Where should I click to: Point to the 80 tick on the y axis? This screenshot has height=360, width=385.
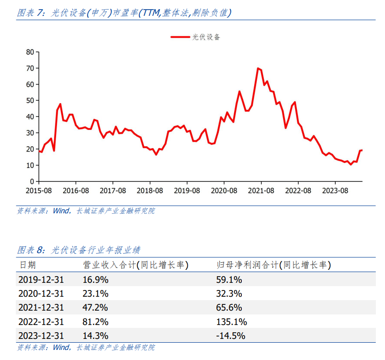click(x=30, y=52)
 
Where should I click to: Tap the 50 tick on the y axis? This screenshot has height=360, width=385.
click(x=30, y=101)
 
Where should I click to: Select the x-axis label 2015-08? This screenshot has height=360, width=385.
click(x=39, y=191)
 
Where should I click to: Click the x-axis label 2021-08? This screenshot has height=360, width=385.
click(x=261, y=191)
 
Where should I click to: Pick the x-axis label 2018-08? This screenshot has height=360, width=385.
click(x=150, y=191)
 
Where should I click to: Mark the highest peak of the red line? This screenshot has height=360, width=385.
click(x=258, y=68)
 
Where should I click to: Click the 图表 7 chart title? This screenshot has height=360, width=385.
click(x=124, y=13)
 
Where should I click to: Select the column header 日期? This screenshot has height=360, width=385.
click(x=28, y=265)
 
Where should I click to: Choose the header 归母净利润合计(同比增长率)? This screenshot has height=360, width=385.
click(x=274, y=265)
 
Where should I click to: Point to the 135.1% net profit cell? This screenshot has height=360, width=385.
click(x=232, y=322)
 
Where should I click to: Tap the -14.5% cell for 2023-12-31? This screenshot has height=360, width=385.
click(x=230, y=336)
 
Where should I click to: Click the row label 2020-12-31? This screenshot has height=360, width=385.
click(x=41, y=293)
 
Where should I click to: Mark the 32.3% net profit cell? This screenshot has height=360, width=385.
click(x=229, y=293)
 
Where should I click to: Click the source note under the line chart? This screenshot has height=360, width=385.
click(x=86, y=210)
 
